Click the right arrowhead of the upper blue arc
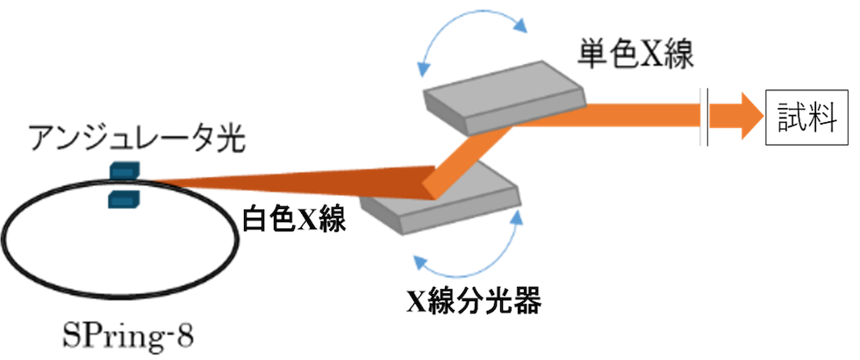pos(523,26)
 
